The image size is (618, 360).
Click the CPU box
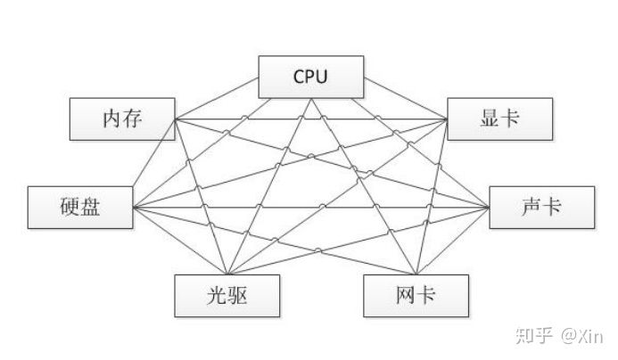(x=310, y=76)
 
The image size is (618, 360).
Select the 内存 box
(x=121, y=119)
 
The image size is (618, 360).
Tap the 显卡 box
(x=499, y=119)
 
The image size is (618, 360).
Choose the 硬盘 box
(x=80, y=208)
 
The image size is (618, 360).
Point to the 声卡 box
(x=540, y=208)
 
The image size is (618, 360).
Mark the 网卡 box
(x=415, y=296)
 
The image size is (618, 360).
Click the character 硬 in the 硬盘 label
(x=67, y=208)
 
